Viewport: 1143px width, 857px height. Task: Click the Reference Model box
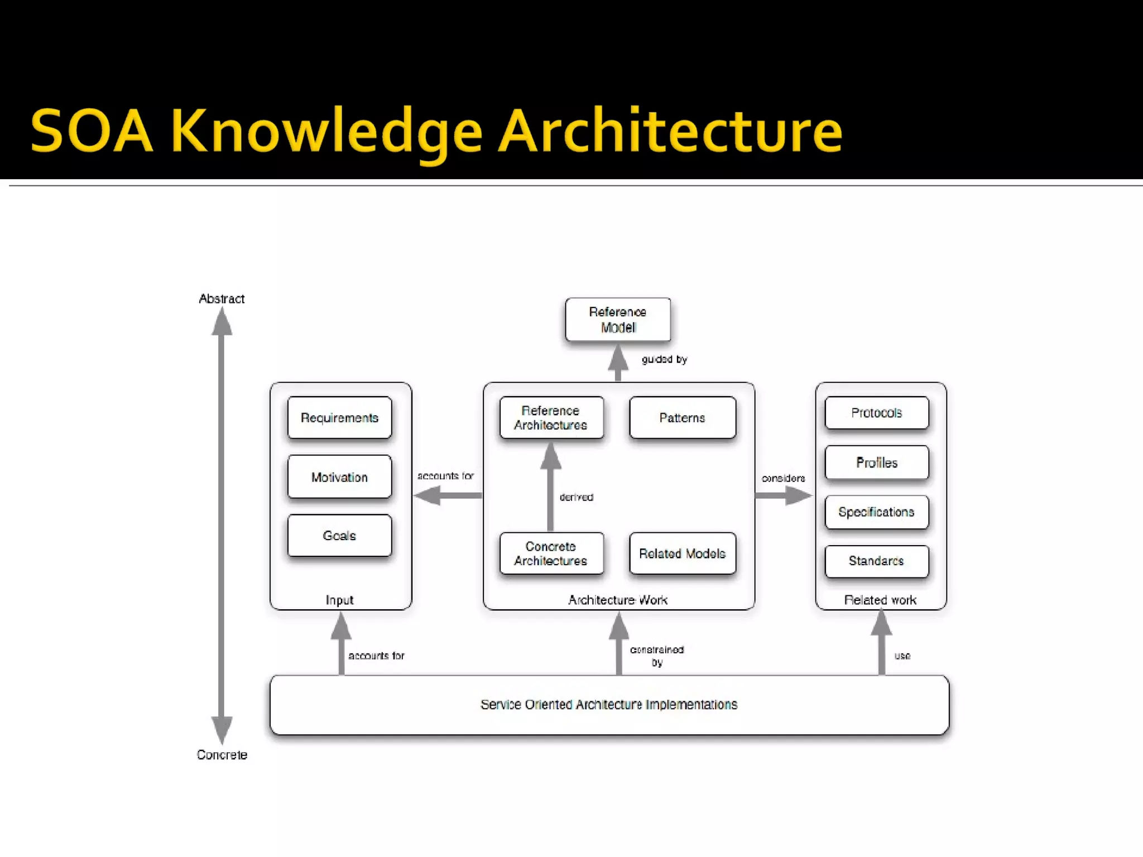click(617, 320)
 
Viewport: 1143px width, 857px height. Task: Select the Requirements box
click(339, 418)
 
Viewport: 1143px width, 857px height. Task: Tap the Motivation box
click(339, 477)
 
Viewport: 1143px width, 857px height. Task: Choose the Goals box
click(339, 536)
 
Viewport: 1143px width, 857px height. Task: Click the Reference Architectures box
click(551, 418)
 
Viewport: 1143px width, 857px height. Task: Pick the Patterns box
click(682, 418)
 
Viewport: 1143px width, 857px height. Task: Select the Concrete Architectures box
click(551, 553)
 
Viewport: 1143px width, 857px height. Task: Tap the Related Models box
click(682, 553)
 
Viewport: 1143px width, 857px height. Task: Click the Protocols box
click(876, 413)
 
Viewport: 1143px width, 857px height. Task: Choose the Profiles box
click(876, 463)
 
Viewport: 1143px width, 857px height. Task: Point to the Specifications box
click(876, 512)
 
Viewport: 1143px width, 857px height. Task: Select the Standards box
click(876, 561)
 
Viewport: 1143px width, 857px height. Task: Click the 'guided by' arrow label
click(664, 359)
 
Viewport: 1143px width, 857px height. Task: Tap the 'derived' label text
click(577, 497)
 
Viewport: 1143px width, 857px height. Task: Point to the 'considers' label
click(783, 478)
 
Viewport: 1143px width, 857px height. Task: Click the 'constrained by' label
click(657, 656)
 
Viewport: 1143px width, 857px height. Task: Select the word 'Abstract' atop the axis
click(222, 299)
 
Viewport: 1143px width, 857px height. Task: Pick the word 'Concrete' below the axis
click(222, 755)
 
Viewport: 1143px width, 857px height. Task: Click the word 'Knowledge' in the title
click(326, 132)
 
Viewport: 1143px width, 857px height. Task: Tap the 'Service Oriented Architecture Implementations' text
click(608, 705)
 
